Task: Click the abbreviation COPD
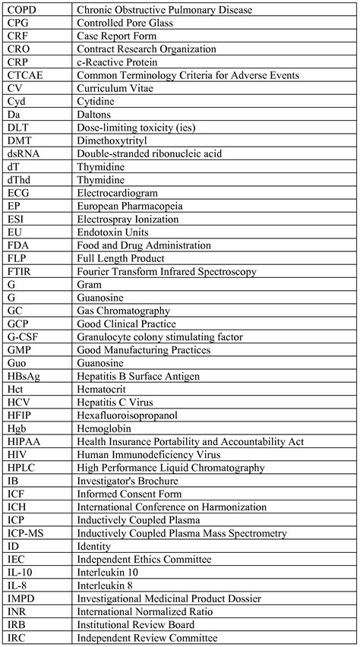tap(22, 10)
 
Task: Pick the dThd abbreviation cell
tap(19, 179)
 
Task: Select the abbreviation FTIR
tap(20, 271)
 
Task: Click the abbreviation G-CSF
tap(25, 336)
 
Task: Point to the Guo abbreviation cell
tap(16, 363)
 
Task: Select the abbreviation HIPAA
tap(24, 441)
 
